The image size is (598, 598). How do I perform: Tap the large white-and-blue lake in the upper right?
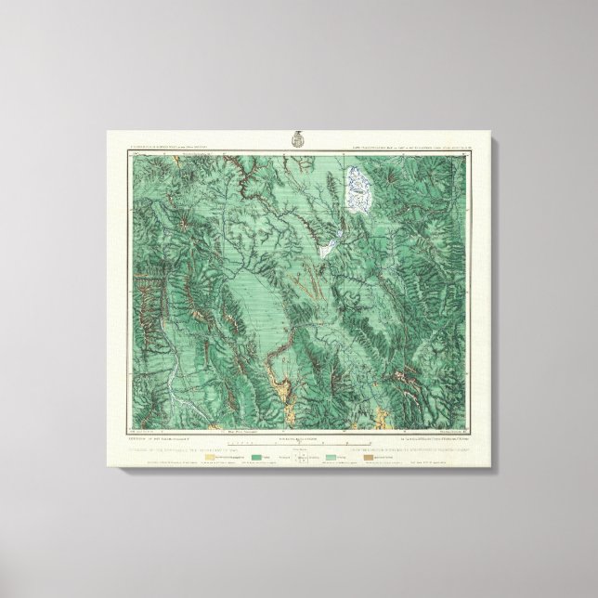point(357,188)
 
